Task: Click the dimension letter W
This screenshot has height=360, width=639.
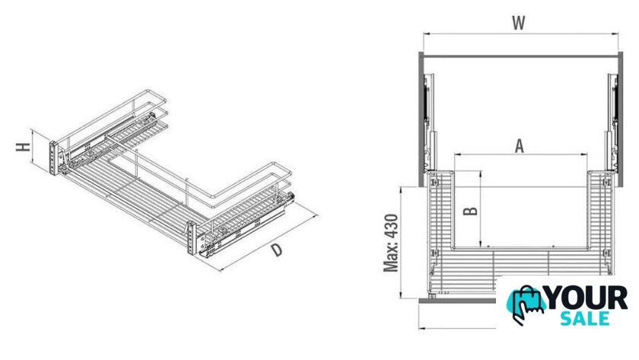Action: point(518,23)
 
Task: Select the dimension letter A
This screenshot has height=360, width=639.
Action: point(519,146)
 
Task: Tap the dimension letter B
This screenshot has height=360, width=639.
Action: point(471,211)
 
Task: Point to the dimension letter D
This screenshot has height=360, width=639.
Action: point(277,249)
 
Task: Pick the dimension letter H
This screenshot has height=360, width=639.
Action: point(24,147)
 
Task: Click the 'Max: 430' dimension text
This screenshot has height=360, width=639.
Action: point(391,243)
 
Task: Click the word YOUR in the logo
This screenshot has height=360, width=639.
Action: point(586,298)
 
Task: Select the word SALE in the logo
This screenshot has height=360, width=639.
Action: point(585,318)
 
